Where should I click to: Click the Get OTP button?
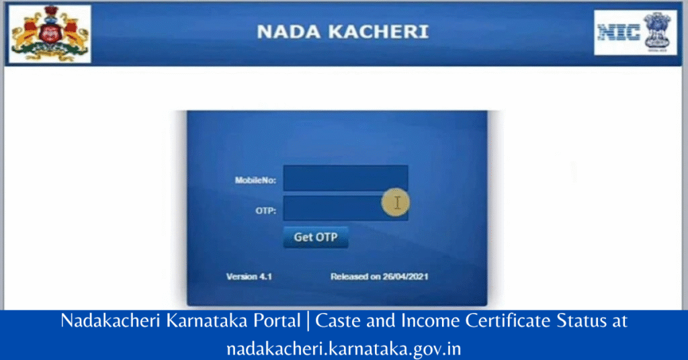315,237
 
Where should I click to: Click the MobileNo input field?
345,179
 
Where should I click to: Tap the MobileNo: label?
255,180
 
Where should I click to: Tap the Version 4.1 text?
249,276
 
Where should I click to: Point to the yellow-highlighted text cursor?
397,202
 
